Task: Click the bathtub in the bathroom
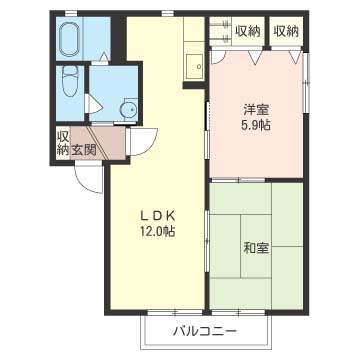tap(69, 40)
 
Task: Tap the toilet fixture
tap(70, 81)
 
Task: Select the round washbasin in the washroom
tap(129, 109)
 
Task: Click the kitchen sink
tap(194, 66)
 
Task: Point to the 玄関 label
tap(83, 150)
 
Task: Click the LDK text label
tap(157, 216)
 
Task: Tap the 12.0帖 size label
tap(158, 231)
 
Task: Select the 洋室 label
tap(256, 110)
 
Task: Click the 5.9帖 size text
tap(256, 125)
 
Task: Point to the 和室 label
tap(256, 248)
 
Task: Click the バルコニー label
tap(205, 331)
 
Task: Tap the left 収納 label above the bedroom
tap(248, 31)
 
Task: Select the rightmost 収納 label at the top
tap(286, 31)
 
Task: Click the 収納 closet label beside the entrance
tap(63, 142)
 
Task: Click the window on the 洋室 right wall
tap(306, 83)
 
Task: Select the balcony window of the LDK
tap(175, 313)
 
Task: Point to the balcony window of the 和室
tap(238, 313)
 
